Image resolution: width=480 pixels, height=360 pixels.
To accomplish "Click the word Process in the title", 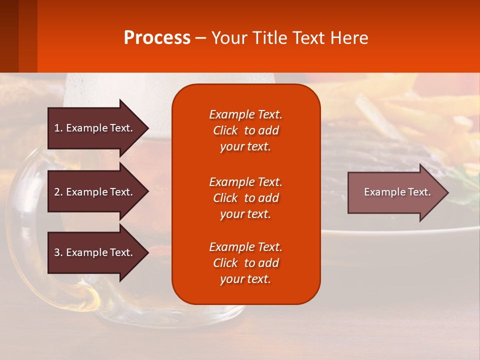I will pyautogui.click(x=157, y=38).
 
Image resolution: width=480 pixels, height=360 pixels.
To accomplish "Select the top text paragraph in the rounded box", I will pyautogui.click(x=245, y=130).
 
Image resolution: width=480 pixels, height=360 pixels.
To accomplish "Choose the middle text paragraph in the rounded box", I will pyautogui.click(x=245, y=198).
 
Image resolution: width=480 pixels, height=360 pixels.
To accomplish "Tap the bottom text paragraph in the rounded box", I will pyautogui.click(x=245, y=263).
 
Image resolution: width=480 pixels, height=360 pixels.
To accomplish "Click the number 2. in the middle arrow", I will pyautogui.click(x=58, y=192).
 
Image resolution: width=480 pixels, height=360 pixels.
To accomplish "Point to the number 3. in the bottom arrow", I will pyautogui.click(x=58, y=252).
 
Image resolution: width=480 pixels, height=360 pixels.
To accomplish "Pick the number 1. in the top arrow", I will pyautogui.click(x=58, y=128).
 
